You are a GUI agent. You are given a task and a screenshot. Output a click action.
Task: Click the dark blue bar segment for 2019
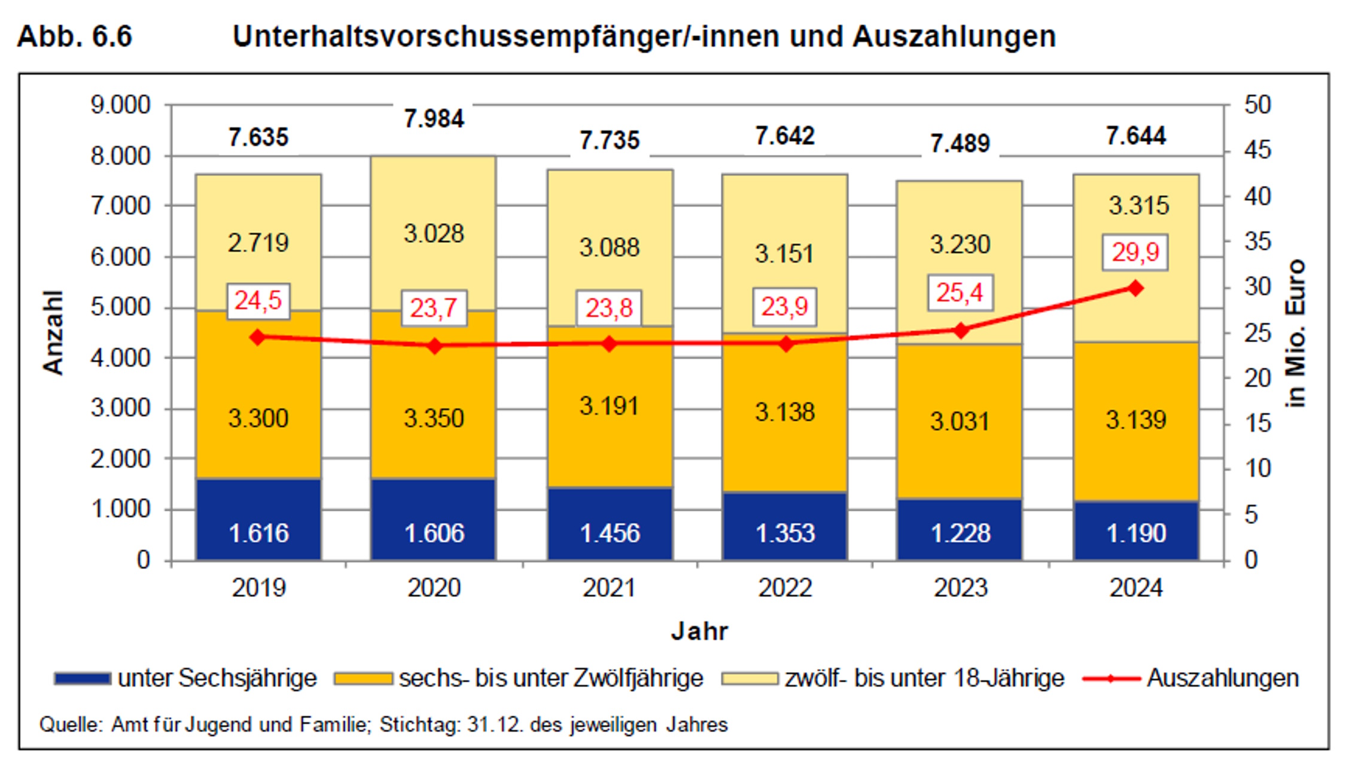pyautogui.click(x=258, y=519)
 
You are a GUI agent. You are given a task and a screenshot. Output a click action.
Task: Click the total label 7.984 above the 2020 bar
pyautogui.click(x=434, y=118)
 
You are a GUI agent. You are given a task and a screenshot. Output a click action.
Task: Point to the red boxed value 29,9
pyautogui.click(x=1135, y=252)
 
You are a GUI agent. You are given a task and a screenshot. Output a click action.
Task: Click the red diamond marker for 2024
pyautogui.click(x=1135, y=288)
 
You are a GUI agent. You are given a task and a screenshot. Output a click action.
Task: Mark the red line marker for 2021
pyautogui.click(x=609, y=344)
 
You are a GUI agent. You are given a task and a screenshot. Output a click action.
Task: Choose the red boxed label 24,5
pyautogui.click(x=258, y=301)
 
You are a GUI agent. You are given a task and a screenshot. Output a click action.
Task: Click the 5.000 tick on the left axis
pyautogui.click(x=120, y=307)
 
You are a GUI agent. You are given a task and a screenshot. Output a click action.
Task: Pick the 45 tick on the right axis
pyautogui.click(x=1257, y=150)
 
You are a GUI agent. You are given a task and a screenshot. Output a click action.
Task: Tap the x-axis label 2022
pyautogui.click(x=785, y=588)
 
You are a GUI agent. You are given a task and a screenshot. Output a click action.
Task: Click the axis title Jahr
pyautogui.click(x=699, y=631)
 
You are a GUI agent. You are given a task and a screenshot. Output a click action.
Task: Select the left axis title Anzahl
pyautogui.click(x=53, y=332)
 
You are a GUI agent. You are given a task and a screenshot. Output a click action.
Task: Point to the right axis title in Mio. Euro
pyautogui.click(x=1295, y=334)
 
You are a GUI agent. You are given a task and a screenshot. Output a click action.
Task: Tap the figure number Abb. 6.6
pyautogui.click(x=74, y=36)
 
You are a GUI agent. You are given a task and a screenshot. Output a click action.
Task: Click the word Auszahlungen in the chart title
pyautogui.click(x=954, y=36)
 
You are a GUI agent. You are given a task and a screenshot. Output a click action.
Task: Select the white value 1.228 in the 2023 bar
pyautogui.click(x=960, y=533)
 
